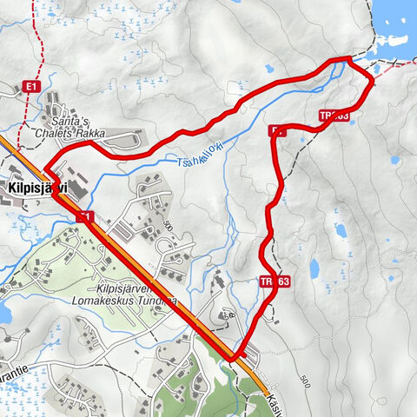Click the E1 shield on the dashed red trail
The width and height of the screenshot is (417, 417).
tap(33, 86)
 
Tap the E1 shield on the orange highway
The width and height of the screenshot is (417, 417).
tap(85, 215)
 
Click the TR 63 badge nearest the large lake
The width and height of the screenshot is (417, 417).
tap(334, 116)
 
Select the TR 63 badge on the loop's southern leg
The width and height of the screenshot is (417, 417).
tap(274, 281)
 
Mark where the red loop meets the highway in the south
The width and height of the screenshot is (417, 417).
tap(232, 356)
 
